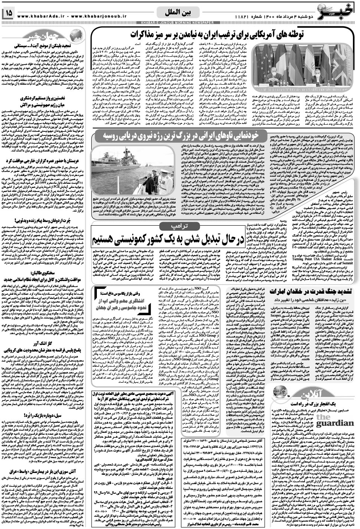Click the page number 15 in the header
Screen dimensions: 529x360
(x=8, y=14)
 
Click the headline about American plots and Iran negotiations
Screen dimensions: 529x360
(x=240, y=35)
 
